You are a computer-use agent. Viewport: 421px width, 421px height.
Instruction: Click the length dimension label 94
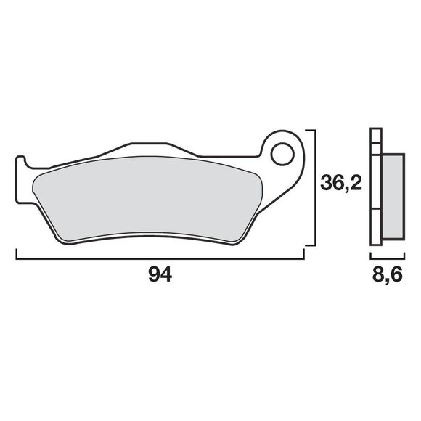tap(160, 275)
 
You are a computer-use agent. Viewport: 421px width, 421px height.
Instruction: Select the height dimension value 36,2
tap(340, 184)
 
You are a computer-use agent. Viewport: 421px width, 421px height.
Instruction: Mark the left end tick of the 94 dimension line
tap(16, 255)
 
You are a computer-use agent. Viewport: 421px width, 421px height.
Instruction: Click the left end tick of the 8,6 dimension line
tap(371, 256)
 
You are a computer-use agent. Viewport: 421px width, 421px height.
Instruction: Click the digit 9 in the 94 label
tap(153, 275)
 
